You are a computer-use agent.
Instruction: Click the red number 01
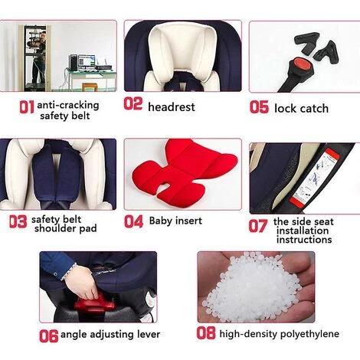click(x=27, y=107)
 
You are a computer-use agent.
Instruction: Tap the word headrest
click(x=172, y=106)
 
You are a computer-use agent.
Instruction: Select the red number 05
click(x=259, y=106)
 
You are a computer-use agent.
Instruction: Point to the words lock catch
click(x=301, y=109)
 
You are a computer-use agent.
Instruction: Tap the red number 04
click(x=133, y=221)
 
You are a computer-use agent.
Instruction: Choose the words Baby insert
click(x=175, y=221)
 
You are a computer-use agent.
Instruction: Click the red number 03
click(x=18, y=221)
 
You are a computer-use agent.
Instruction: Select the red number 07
click(x=258, y=226)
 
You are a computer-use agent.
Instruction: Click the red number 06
click(x=48, y=335)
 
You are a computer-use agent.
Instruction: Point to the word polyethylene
click(x=309, y=334)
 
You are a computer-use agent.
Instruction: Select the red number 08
click(x=206, y=332)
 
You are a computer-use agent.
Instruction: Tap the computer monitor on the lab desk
click(x=87, y=62)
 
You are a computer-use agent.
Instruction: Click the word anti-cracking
click(x=68, y=105)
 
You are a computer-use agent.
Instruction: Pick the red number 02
click(x=133, y=104)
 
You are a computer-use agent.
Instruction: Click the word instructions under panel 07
click(x=304, y=240)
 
